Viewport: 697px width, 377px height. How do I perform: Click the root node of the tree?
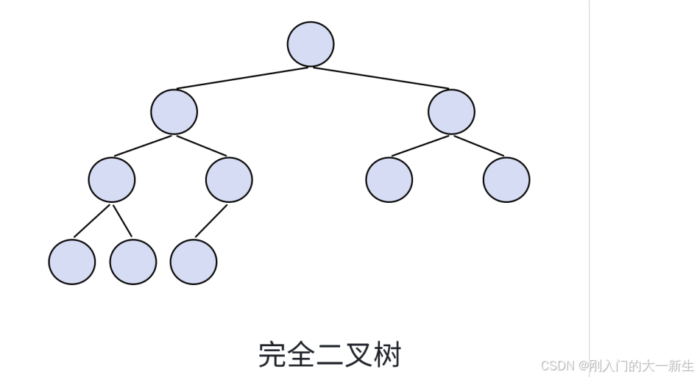click(310, 44)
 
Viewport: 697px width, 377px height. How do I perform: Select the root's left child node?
click(174, 112)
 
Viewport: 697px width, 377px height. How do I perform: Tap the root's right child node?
click(451, 112)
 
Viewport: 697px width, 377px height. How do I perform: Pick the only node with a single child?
click(229, 179)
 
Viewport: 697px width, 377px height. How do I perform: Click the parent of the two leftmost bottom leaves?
click(111, 179)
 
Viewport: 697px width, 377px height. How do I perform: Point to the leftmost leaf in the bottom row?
click(71, 262)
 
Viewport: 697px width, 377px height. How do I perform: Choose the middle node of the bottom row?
click(132, 262)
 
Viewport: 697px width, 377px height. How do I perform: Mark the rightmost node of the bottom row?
click(193, 262)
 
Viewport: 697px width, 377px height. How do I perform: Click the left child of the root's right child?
click(389, 179)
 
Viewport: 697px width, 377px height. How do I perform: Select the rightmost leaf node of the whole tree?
click(506, 179)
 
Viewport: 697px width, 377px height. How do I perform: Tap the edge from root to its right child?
click(381, 78)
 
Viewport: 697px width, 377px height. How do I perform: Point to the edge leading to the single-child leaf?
click(211, 221)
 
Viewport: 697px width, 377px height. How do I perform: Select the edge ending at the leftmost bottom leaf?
click(92, 220)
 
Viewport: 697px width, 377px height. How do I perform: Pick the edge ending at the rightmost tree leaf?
click(478, 146)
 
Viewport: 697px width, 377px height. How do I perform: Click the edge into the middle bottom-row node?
click(122, 220)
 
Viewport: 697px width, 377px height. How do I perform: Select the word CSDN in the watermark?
click(557, 365)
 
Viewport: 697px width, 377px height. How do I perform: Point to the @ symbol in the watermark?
click(582, 365)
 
